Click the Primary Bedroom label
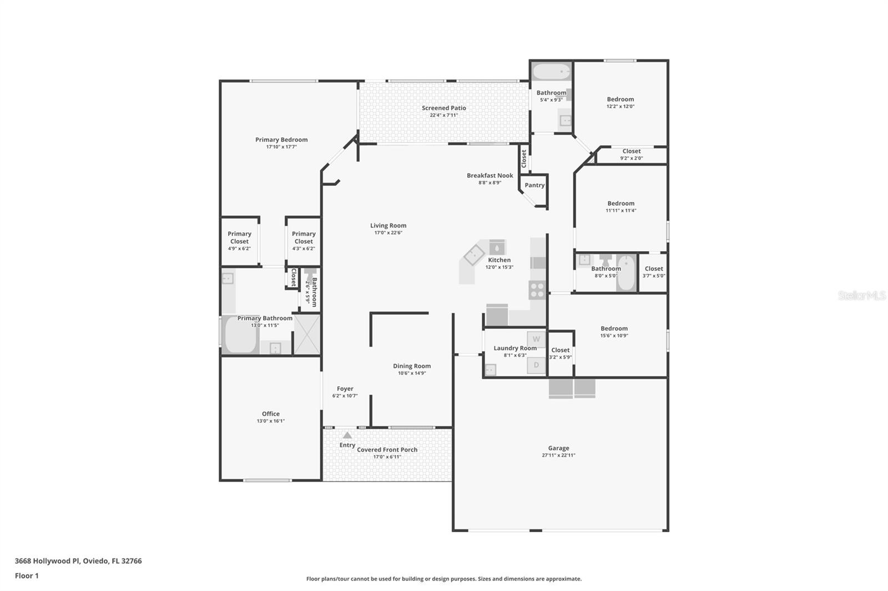[281, 140]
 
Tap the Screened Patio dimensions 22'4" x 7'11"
[443, 115]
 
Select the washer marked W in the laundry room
[536, 339]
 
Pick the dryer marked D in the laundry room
[536, 365]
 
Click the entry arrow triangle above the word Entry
[347, 435]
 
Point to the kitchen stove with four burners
[537, 290]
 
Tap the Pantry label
[534, 185]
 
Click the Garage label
[558, 448]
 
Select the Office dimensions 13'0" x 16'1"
[271, 421]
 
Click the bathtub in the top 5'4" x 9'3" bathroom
[551, 72]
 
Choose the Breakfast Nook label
[490, 175]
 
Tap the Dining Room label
[412, 366]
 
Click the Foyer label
[345, 389]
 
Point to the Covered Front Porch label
[387, 450]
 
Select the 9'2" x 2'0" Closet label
[631, 151]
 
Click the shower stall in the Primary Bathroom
[306, 334]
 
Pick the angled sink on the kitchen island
[474, 256]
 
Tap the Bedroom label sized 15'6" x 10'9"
[614, 328]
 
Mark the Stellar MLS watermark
[861, 295]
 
